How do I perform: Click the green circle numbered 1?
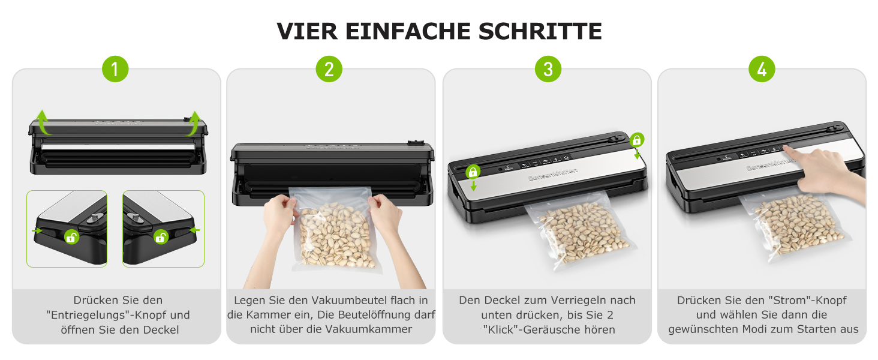pos(115,69)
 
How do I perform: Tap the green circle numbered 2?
pos(329,69)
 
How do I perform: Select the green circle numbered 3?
pos(548,69)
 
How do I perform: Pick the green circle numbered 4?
pos(762,69)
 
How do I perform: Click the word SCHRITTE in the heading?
pos(540,31)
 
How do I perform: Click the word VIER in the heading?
pos(307,31)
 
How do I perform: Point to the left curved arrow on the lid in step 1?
pos(43,122)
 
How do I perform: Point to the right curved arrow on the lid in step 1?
pos(193,123)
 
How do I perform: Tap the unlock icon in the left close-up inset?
pos(71,237)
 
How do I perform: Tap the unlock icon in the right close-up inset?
pos(161,237)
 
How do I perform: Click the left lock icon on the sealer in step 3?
pos(473,172)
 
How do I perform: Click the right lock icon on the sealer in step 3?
pos(637,140)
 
